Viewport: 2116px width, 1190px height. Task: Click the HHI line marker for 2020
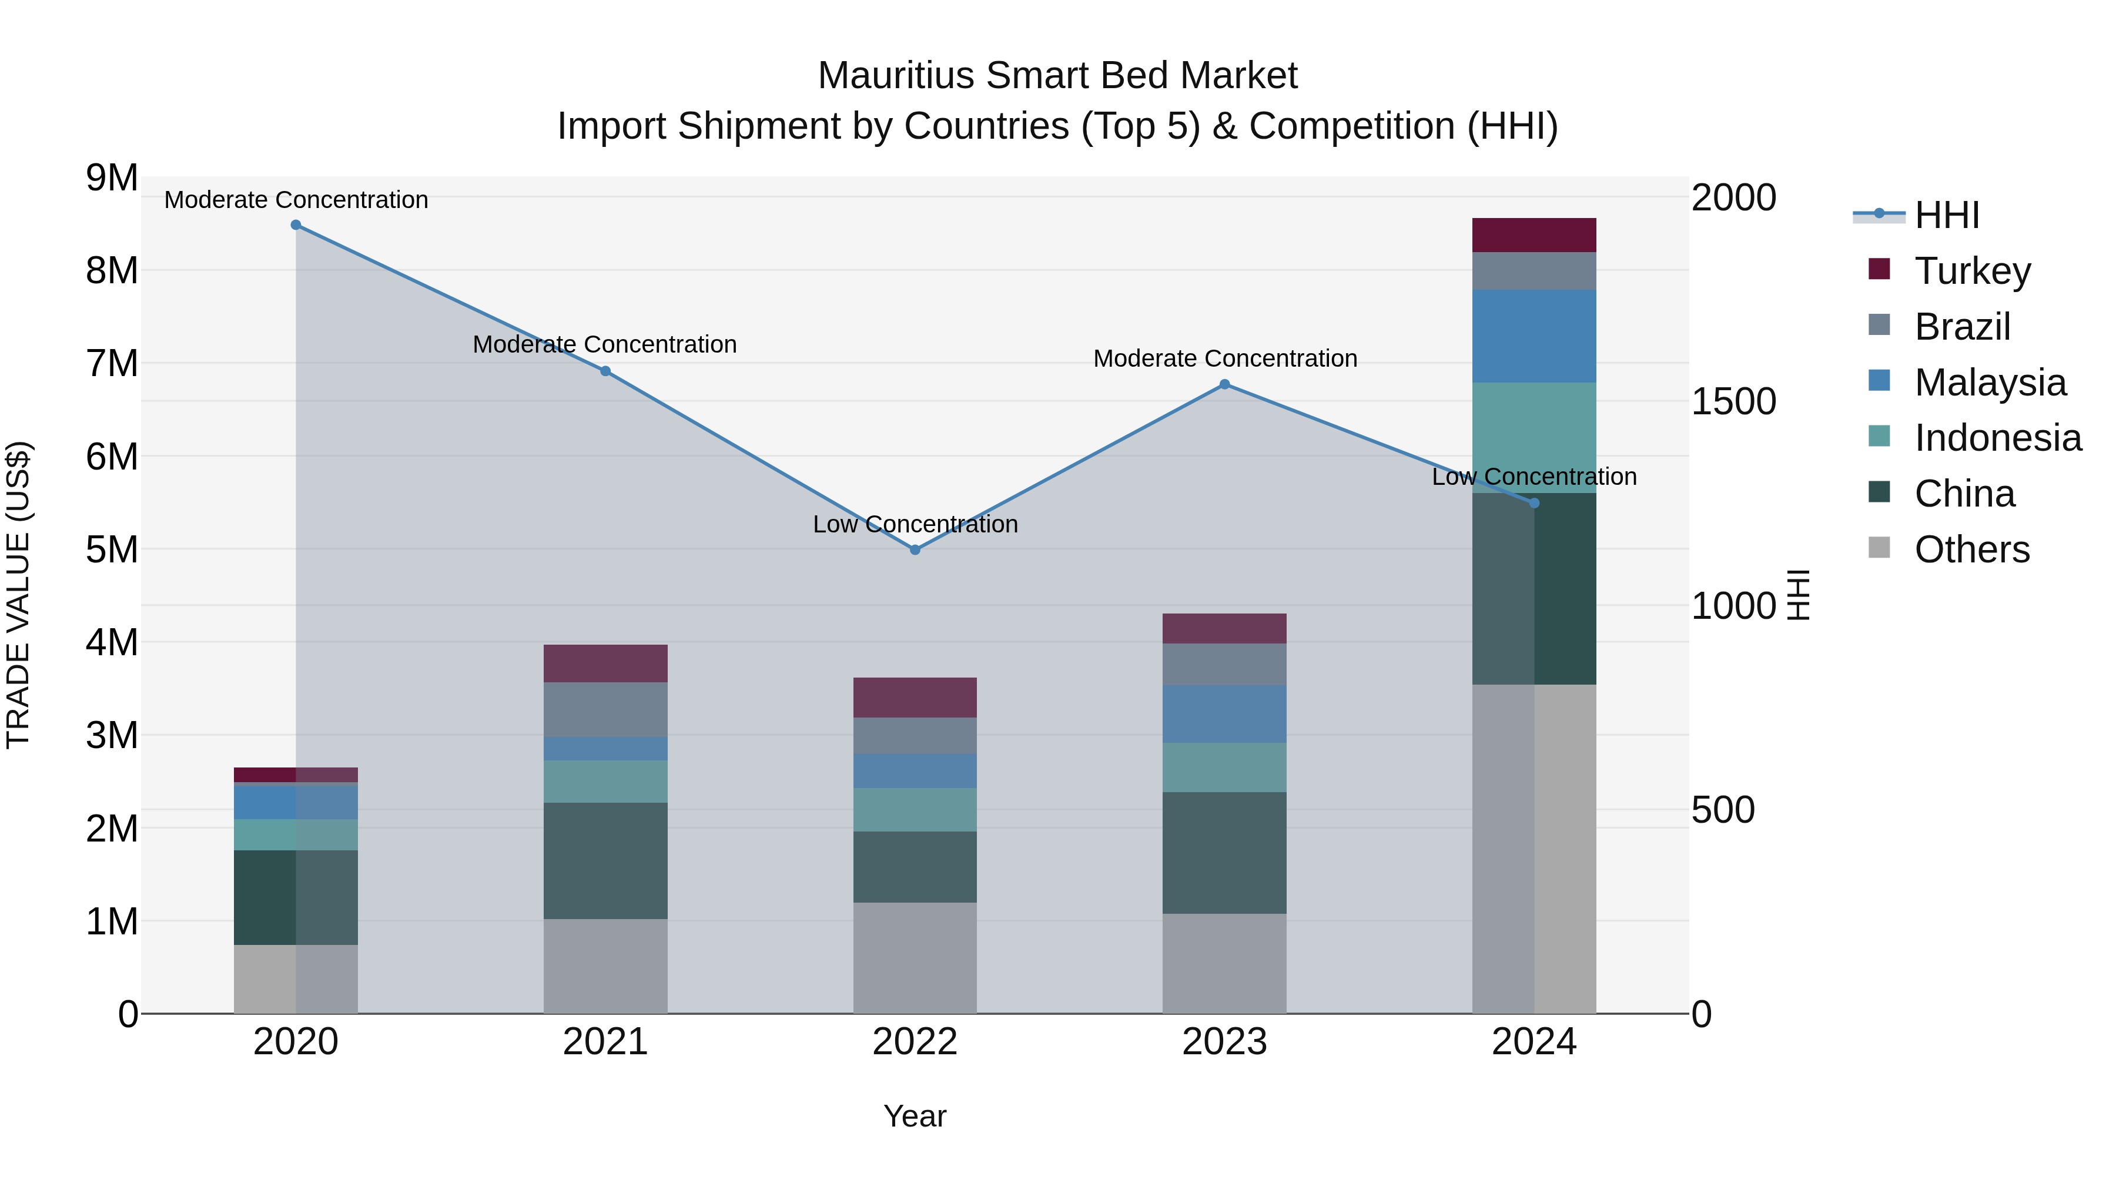click(x=296, y=225)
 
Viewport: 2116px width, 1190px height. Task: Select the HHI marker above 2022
click(x=915, y=549)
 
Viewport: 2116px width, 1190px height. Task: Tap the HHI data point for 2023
click(x=1224, y=384)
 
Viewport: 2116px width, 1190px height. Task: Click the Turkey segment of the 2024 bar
click(x=1534, y=235)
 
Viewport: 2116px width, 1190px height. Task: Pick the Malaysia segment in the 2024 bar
click(x=1534, y=336)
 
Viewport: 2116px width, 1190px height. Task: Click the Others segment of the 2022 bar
click(x=915, y=958)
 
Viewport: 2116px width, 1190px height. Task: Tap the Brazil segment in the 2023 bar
click(x=1224, y=665)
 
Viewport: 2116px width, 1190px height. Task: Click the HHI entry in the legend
click(x=1946, y=215)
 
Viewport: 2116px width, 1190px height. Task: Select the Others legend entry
click(x=1971, y=549)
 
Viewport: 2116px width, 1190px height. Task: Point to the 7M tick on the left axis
click(x=112, y=363)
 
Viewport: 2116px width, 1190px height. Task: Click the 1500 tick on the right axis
click(x=1733, y=401)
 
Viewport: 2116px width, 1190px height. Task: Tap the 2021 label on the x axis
click(x=605, y=1042)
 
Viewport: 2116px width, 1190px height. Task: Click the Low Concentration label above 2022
click(x=915, y=524)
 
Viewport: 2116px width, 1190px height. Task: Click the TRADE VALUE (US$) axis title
click(x=18, y=595)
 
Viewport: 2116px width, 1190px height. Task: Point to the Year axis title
click(x=915, y=1116)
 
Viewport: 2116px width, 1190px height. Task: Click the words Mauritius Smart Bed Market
click(x=1057, y=76)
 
